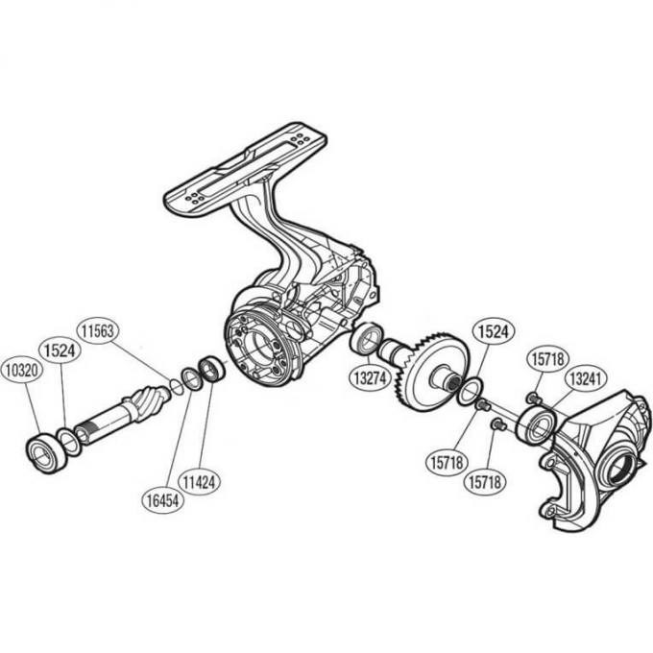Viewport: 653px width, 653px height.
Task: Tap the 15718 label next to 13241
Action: coord(547,361)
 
